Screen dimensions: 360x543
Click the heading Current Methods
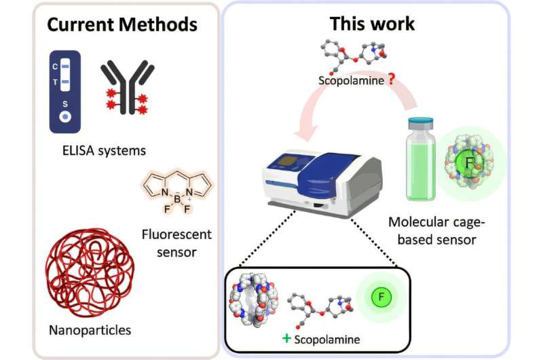pos(122,25)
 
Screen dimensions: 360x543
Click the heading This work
pos(371,24)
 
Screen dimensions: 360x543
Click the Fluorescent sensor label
pos(177,243)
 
